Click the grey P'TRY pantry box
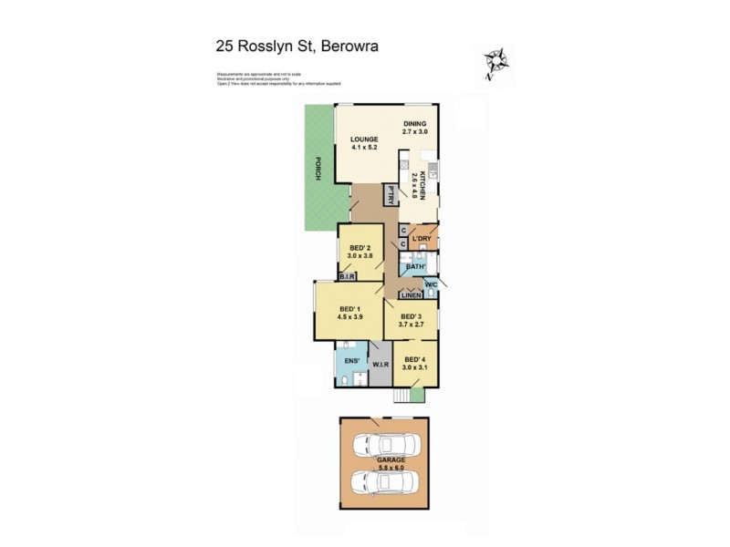pos(389,194)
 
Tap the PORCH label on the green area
pos(317,170)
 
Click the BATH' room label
pos(417,267)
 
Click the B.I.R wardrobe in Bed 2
pos(347,275)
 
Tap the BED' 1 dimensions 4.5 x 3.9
pos(351,317)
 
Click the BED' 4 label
pos(415,359)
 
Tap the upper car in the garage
pos(384,446)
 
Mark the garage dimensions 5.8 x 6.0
pos(384,468)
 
